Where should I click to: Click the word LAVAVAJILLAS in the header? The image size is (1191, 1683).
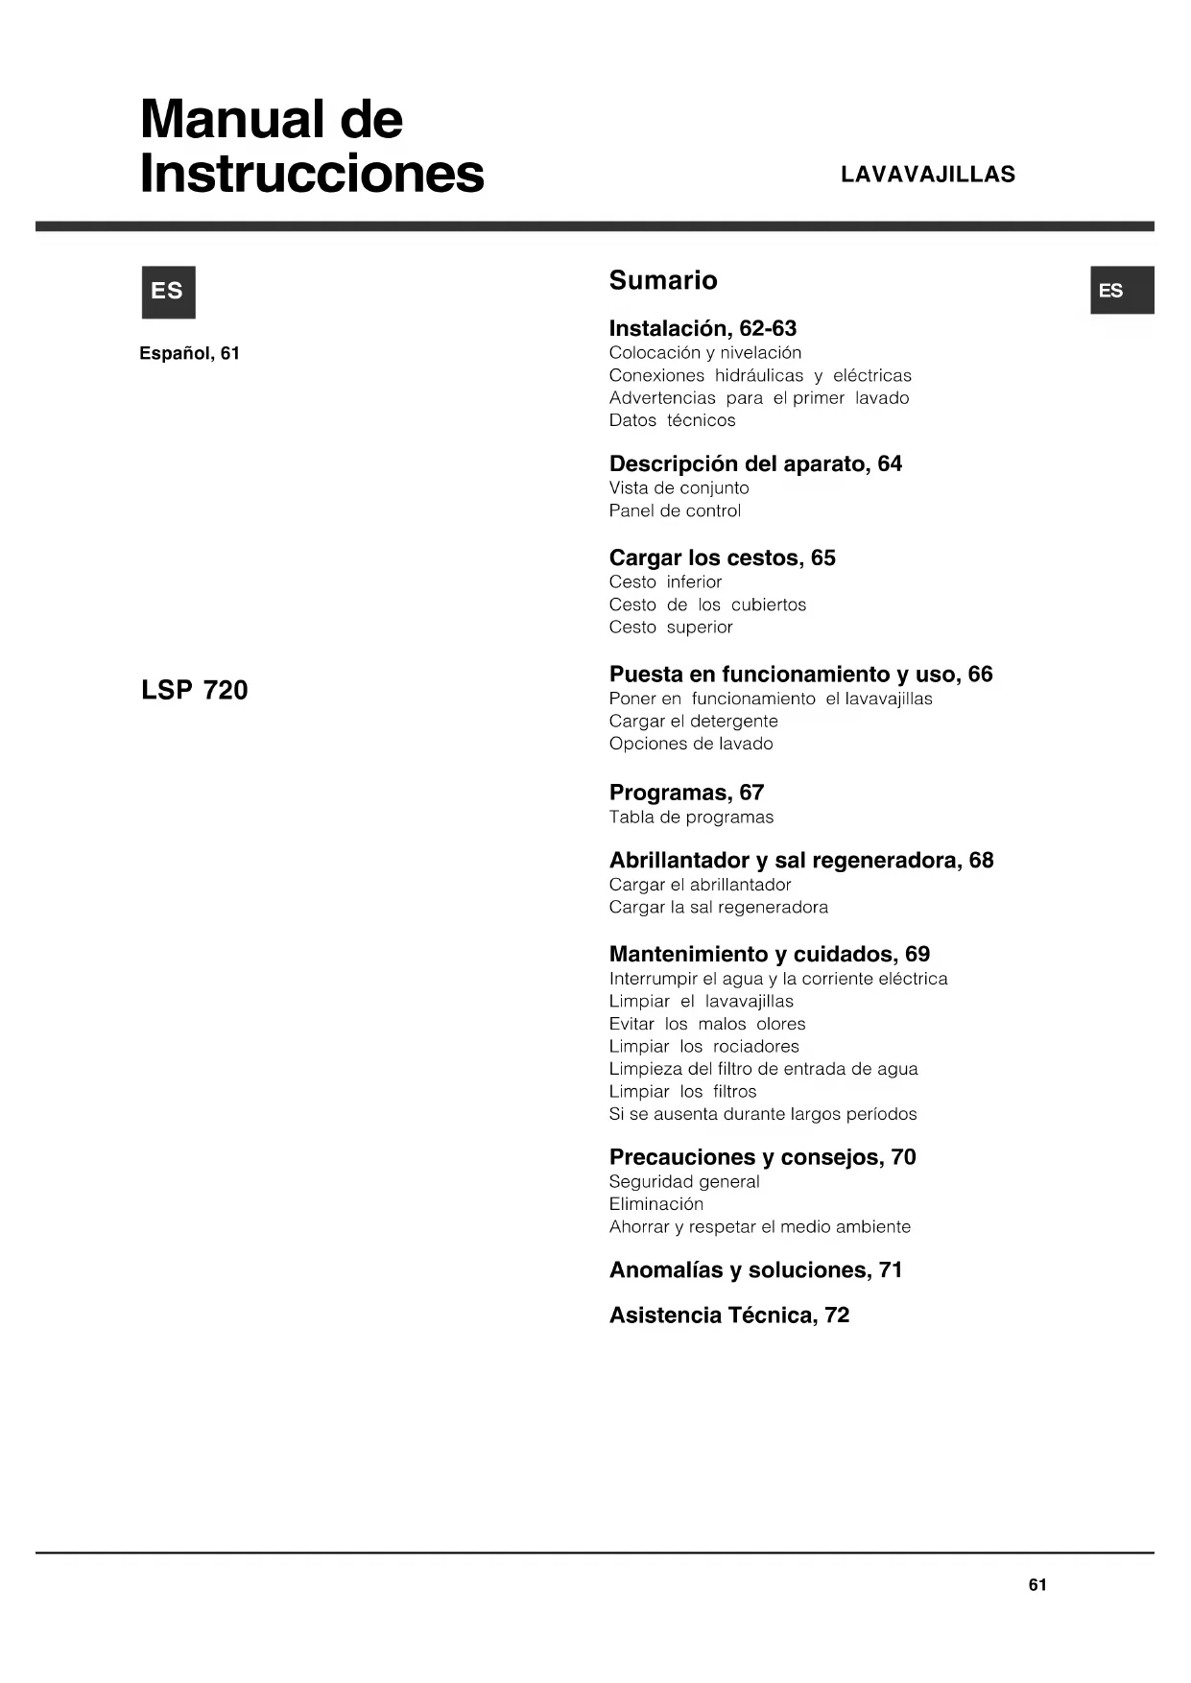tap(927, 175)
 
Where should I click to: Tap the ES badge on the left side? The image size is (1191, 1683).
tap(168, 292)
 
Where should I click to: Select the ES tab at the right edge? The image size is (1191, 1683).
tap(1121, 290)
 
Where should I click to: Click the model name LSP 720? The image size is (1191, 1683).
tap(194, 690)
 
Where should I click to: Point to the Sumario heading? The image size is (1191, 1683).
tap(663, 280)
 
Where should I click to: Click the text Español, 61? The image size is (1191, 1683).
tap(189, 353)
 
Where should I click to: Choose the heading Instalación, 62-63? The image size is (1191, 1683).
tap(703, 328)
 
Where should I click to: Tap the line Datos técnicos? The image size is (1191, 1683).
tap(672, 420)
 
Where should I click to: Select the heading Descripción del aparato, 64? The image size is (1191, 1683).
tap(755, 463)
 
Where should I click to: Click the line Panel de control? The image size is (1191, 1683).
tap(675, 510)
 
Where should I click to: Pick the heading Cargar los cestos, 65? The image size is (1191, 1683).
tap(722, 557)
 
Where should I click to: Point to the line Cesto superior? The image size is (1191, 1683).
tap(670, 627)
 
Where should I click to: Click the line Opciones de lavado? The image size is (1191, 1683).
tap(690, 744)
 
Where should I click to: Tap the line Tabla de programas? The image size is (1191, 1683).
tap(691, 818)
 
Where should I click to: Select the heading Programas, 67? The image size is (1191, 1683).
tap(686, 793)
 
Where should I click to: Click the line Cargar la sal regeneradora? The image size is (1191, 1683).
tap(718, 907)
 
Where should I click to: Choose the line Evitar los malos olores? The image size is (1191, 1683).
tap(706, 1024)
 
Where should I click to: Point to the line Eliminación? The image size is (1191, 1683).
tap(655, 1204)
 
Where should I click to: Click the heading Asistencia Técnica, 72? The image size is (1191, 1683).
tap(729, 1315)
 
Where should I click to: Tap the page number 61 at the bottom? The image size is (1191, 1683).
tap(1037, 1585)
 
